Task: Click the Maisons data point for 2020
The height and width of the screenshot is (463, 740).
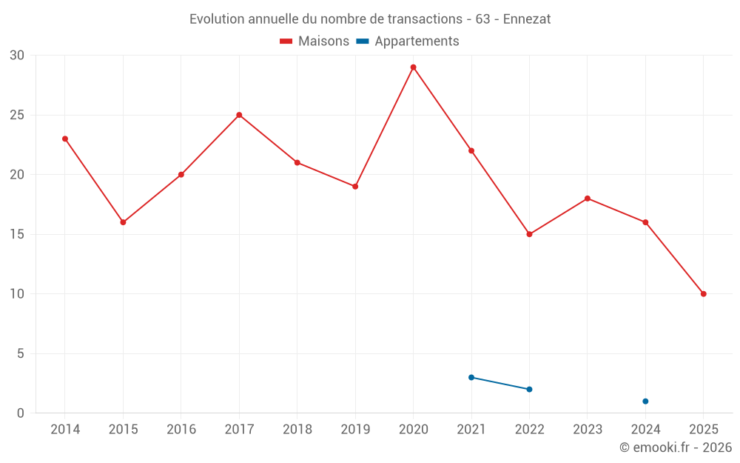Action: pos(413,67)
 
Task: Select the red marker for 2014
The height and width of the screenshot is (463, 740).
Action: pos(65,139)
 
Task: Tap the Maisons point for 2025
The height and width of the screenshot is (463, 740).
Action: pos(703,294)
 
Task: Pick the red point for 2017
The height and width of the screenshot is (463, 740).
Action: pos(239,115)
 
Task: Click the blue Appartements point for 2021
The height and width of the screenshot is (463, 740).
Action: pos(471,377)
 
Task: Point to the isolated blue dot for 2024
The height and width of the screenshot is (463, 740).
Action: pos(645,402)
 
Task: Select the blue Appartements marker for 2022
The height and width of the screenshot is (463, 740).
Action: pos(529,389)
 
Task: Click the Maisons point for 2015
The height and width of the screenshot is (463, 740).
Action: pos(123,222)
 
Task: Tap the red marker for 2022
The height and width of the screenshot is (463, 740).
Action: pos(529,234)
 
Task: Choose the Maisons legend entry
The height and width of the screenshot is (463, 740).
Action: pos(314,41)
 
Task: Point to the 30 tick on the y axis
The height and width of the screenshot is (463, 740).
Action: pos(17,56)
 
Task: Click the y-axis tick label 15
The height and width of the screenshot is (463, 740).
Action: pos(17,234)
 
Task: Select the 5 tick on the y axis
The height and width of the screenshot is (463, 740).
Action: pos(21,353)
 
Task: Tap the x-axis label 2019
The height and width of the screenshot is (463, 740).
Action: pos(355,429)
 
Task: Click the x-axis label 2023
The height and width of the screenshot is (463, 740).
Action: pos(588,429)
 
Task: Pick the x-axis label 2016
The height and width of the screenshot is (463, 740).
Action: pos(181,429)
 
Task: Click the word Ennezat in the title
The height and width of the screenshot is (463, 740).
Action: pos(527,19)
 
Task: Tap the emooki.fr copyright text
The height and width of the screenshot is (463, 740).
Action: pos(675,447)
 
